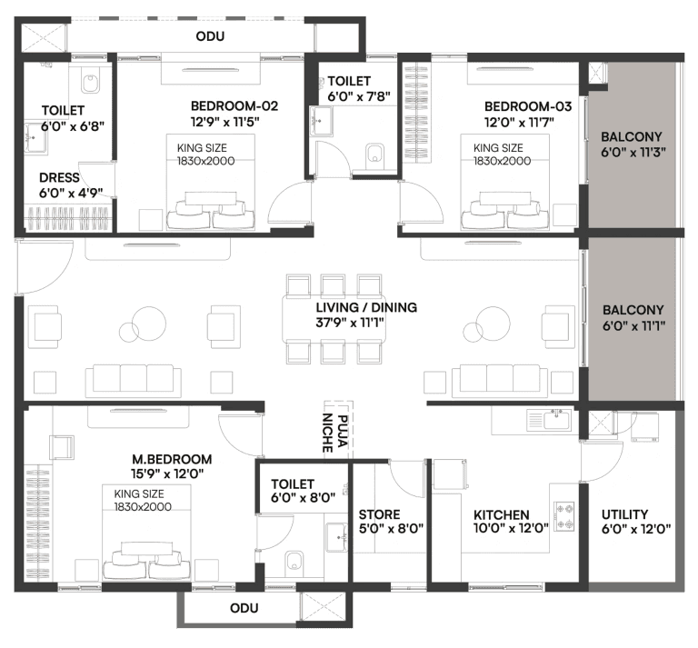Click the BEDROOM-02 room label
coord(221,105)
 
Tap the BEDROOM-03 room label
coord(518,105)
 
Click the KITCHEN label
coord(501,514)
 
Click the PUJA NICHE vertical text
coord(337,426)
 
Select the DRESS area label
coord(59,178)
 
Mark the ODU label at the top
coord(210,36)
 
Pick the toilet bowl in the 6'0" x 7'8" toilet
coord(375,156)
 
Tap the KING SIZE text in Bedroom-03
coord(498,147)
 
